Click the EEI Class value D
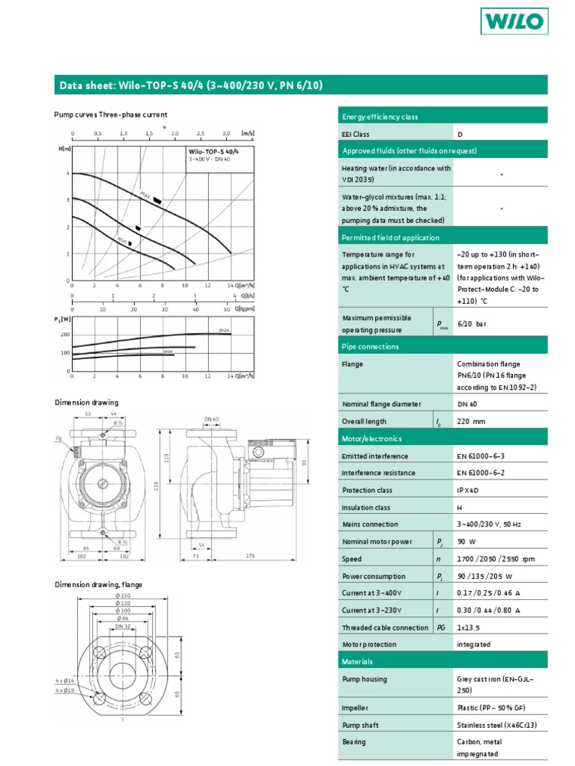point(460,135)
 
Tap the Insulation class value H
point(460,507)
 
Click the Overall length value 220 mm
point(471,422)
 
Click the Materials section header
point(357,662)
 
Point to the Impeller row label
point(355,707)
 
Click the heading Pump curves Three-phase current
point(110,114)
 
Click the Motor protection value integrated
point(474,644)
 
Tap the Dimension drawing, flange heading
point(98,584)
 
